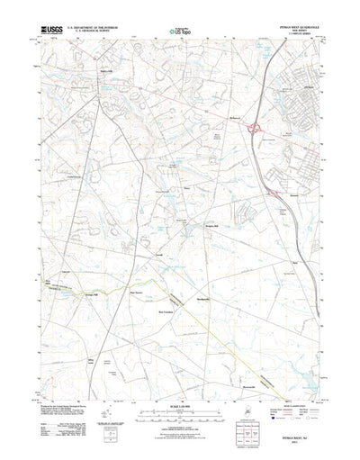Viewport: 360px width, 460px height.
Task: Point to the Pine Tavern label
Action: click(x=138, y=291)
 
